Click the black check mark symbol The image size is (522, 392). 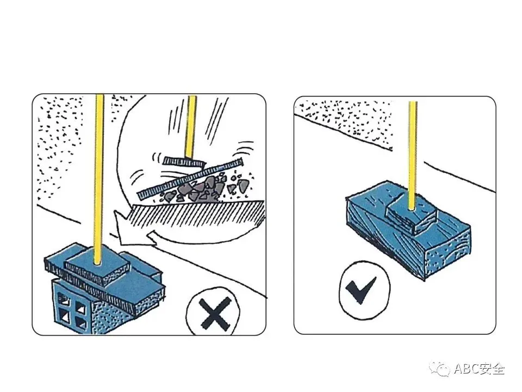pos(361,289)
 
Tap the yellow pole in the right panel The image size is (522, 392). pos(413,156)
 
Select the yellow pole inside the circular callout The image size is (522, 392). pos(190,127)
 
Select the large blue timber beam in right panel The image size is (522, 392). pos(408,230)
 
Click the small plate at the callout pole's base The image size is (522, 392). pos(184,162)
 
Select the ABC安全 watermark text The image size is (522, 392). pos(480,369)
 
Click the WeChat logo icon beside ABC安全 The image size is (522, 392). pos(440,369)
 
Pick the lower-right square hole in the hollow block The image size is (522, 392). pos(81,322)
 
